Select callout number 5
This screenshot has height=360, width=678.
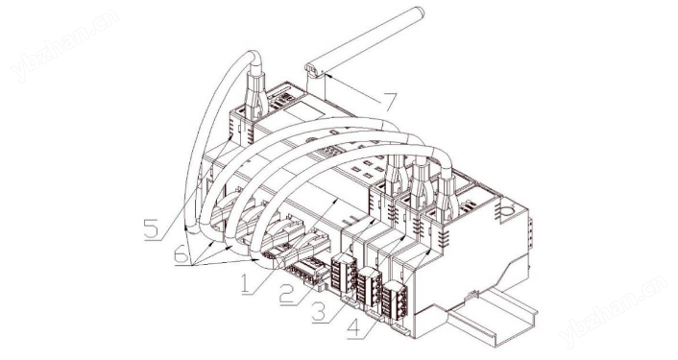[152, 228]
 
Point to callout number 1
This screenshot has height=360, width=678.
[245, 284]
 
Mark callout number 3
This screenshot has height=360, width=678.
[320, 311]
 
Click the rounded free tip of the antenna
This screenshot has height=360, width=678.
[419, 12]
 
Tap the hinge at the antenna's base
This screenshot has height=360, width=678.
[313, 70]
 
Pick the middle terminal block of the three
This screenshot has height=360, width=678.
[369, 287]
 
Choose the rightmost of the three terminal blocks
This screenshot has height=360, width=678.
[395, 300]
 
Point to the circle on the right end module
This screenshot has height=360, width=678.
[509, 211]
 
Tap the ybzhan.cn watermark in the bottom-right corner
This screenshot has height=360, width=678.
[613, 309]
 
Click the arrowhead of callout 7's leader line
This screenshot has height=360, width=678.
[328, 77]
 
